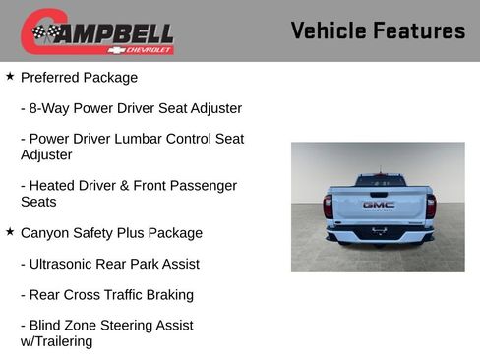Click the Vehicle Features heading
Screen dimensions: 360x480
[x=378, y=30]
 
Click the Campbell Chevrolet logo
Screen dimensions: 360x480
[x=97, y=32]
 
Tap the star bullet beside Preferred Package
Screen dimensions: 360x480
[x=10, y=76]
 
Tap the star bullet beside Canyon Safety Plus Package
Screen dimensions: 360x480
[x=10, y=232]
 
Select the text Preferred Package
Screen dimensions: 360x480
[x=79, y=77]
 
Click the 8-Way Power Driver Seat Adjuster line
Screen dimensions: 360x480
[x=131, y=108]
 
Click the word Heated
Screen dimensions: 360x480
[x=53, y=185]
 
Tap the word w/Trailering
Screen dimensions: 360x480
[x=56, y=341]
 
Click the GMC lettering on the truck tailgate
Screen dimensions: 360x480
[x=378, y=205]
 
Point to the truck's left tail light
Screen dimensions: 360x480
[x=329, y=206]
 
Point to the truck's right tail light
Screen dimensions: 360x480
[x=430, y=206]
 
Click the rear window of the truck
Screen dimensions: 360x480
[x=379, y=181]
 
